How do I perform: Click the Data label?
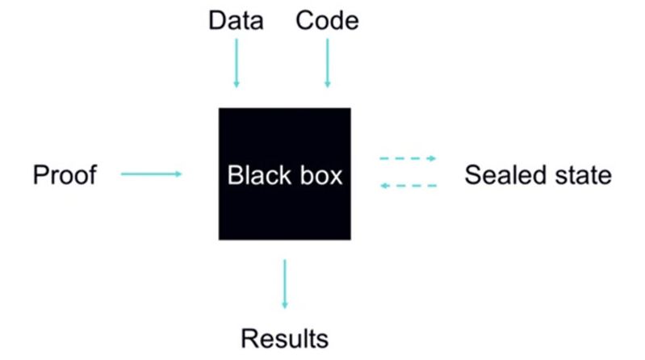(x=236, y=20)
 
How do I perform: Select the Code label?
(x=327, y=20)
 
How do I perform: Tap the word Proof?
(x=65, y=174)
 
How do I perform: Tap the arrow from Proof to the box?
(x=151, y=173)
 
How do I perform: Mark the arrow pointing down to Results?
(x=284, y=283)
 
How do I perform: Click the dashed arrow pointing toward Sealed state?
(x=408, y=159)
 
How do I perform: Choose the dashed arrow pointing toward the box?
(x=408, y=186)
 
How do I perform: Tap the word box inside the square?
(x=320, y=174)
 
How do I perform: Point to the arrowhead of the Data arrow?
(x=237, y=83)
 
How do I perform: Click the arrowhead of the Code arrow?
(x=327, y=83)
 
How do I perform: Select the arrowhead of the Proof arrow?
(x=178, y=173)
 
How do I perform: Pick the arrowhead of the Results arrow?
(x=284, y=304)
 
